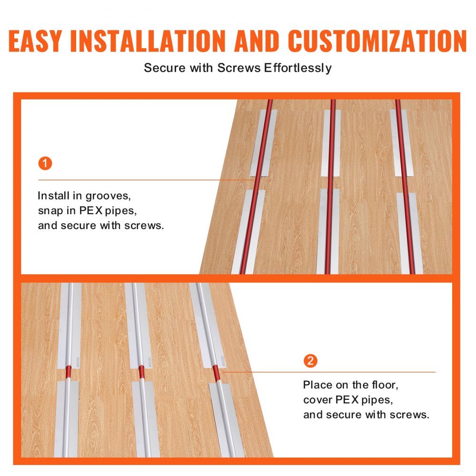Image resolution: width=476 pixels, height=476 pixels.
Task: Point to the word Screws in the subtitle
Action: coord(239,68)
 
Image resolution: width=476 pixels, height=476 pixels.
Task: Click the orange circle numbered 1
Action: coord(45,164)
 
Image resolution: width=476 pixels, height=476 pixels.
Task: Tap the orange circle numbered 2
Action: coord(310,361)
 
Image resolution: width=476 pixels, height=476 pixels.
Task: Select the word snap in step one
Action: coord(50,210)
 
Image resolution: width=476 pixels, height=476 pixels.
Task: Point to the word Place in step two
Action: coord(318,385)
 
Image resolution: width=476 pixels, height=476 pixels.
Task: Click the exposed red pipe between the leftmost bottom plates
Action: coord(68,374)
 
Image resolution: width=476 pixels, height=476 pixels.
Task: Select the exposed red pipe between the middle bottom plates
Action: coord(141,374)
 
